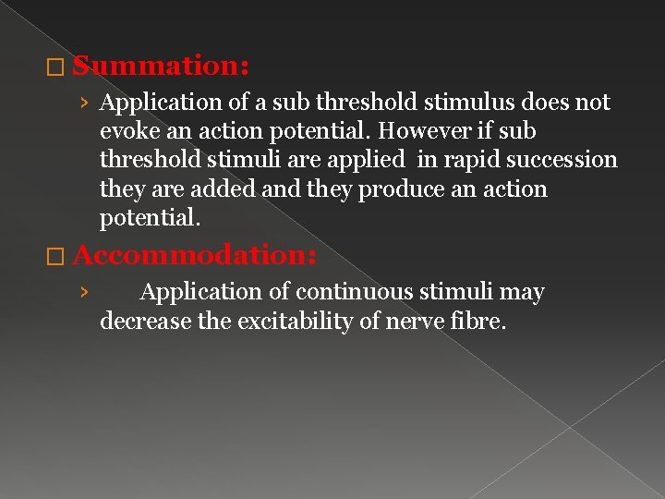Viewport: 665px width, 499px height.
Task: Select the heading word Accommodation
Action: [194, 254]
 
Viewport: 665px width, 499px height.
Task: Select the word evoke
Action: [128, 131]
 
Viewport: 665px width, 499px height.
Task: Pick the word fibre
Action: [481, 321]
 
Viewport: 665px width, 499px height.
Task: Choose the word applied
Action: [364, 160]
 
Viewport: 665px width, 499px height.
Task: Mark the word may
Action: [521, 292]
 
